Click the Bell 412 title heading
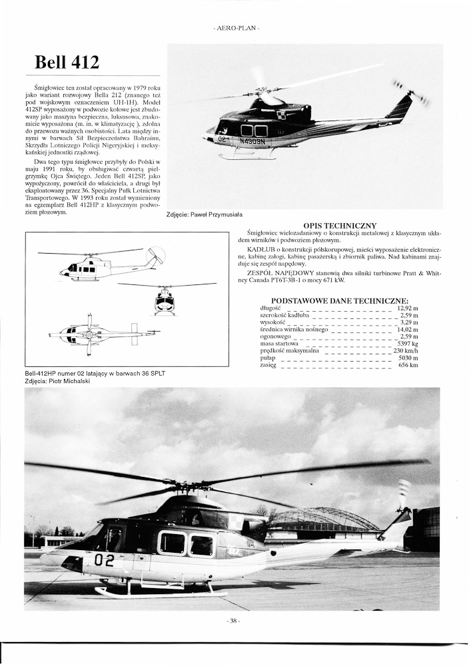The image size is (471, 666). (67, 63)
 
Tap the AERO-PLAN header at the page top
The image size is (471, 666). (235, 29)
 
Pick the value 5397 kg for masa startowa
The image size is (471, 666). (407, 343)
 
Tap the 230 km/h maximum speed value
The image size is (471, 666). (406, 350)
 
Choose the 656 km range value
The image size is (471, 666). (408, 365)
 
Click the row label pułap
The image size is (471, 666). (268, 358)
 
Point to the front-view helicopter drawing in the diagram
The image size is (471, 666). (165, 300)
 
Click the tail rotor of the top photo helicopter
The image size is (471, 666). (411, 93)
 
